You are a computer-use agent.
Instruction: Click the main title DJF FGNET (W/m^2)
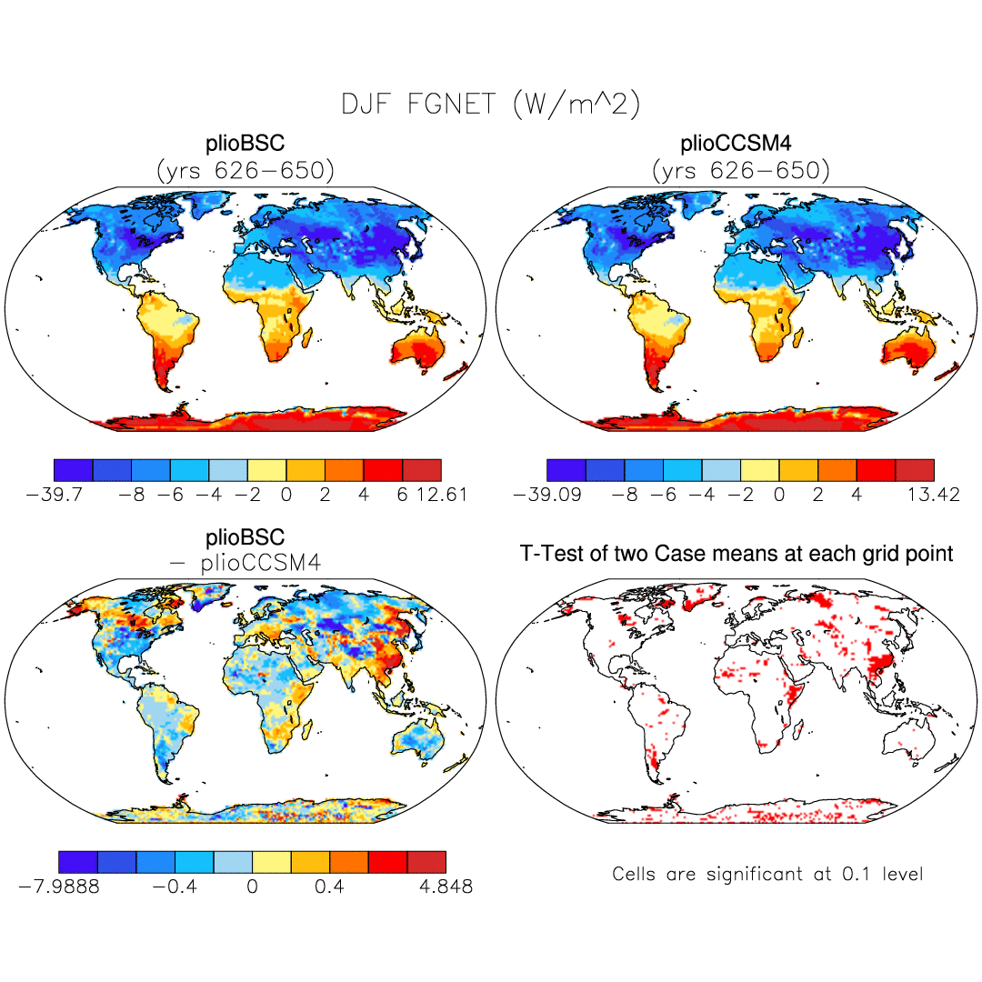491,105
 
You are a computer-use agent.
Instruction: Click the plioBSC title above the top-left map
245,145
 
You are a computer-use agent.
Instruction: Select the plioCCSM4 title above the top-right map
736,145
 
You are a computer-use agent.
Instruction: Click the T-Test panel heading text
736,553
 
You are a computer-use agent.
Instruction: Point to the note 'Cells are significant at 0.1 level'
767,875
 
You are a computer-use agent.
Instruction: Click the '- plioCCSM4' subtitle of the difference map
245,564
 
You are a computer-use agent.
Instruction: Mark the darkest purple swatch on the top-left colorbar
74,469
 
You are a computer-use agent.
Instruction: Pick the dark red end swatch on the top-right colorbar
915,469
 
